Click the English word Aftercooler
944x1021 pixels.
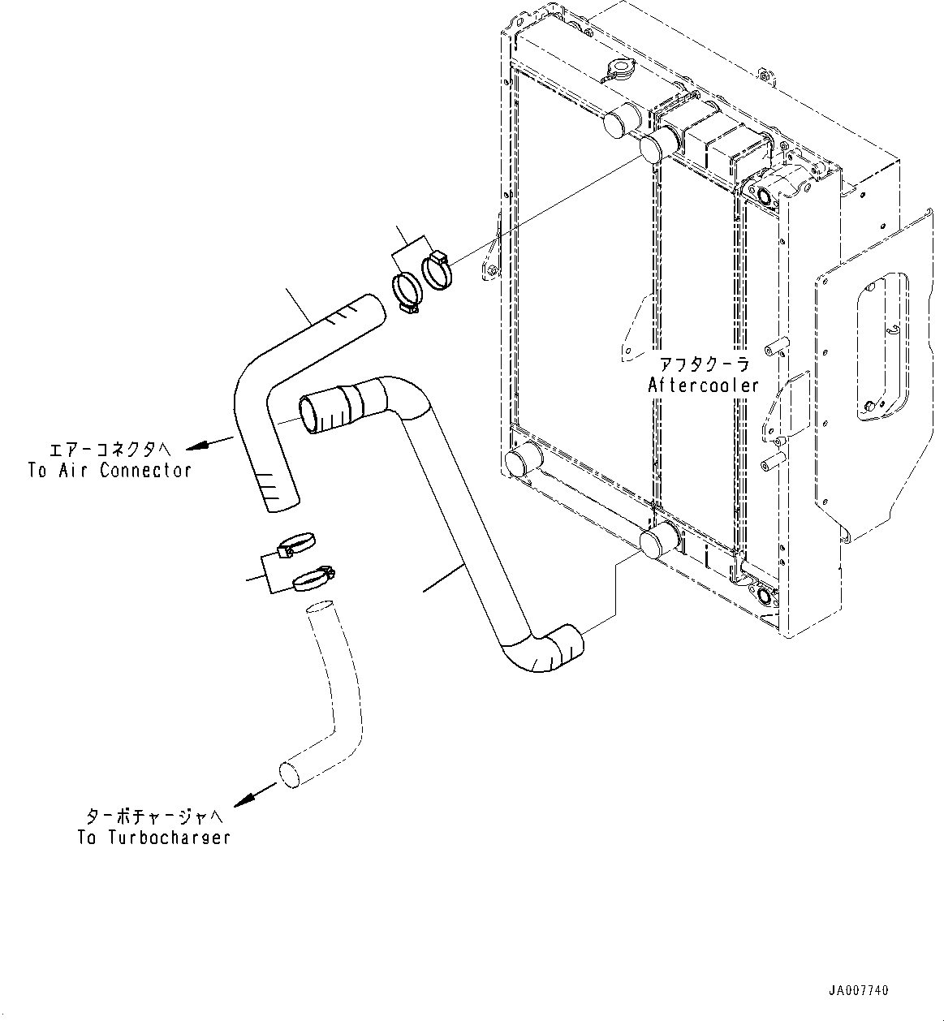(703, 386)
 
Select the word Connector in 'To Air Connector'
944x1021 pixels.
(145, 471)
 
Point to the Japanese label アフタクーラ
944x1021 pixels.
(705, 364)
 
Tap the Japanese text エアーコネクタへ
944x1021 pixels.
(110, 450)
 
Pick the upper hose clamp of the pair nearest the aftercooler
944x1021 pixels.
(437, 270)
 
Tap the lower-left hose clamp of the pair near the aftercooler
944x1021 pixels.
(407, 295)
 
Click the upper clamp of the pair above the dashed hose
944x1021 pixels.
(295, 545)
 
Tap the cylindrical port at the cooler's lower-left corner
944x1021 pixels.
(524, 459)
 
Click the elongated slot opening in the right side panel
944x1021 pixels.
(882, 347)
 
